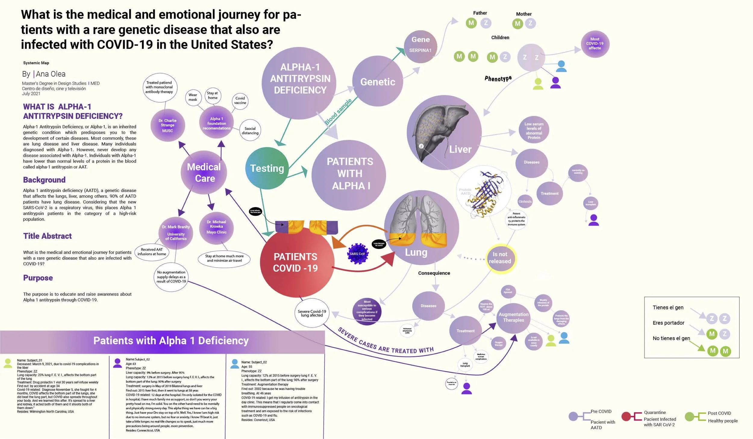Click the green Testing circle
pos(267,168)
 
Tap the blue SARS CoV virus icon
pos(358,254)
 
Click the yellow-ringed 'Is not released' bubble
pos(500,258)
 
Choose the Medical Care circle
pos(204,172)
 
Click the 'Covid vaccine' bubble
pos(240,100)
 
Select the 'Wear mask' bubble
pos(193,97)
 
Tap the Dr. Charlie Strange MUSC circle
pos(167,125)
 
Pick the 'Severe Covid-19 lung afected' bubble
pos(312,313)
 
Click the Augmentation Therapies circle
pos(513,317)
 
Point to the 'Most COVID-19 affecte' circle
pos(595,44)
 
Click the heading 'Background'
pos(44,180)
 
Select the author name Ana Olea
pos(51,74)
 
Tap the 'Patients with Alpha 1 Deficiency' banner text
pos(171,341)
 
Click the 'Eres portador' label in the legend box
pos(668,323)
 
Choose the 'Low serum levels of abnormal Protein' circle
pos(534,131)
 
